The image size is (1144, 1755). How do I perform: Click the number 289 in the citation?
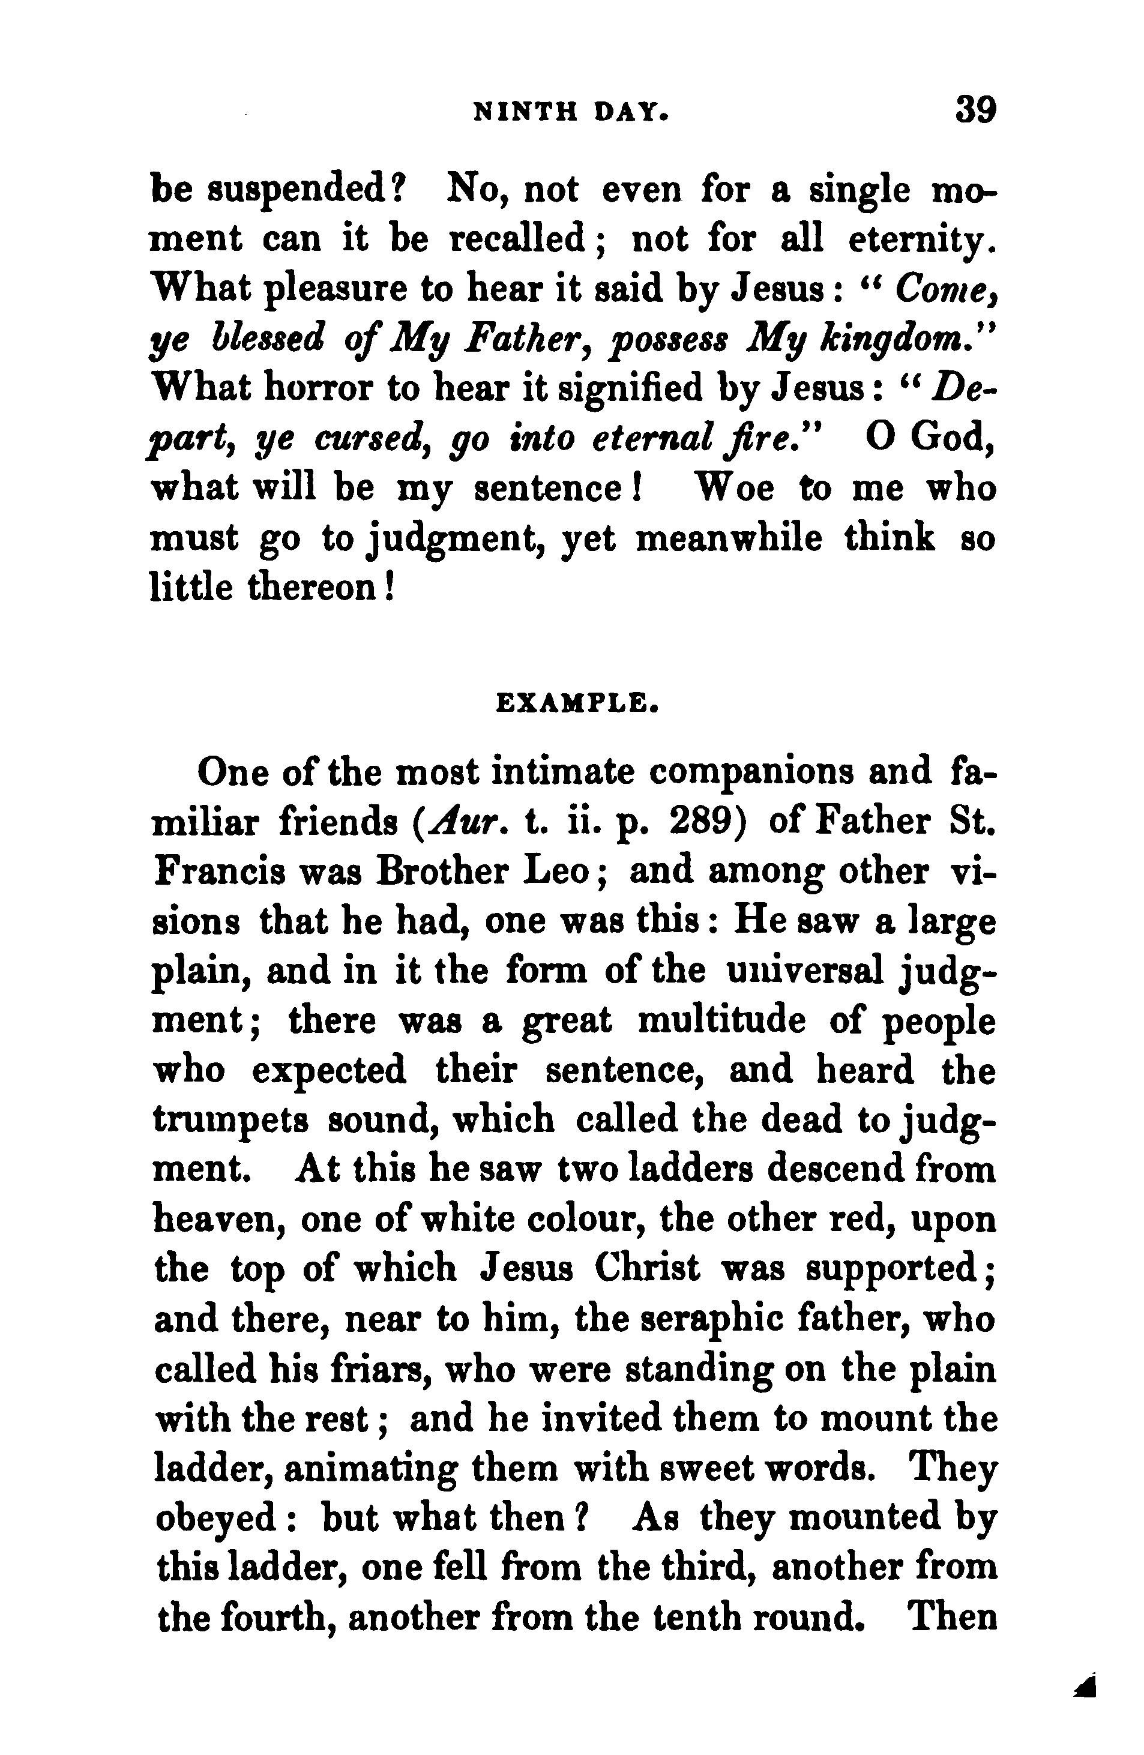(706, 822)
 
